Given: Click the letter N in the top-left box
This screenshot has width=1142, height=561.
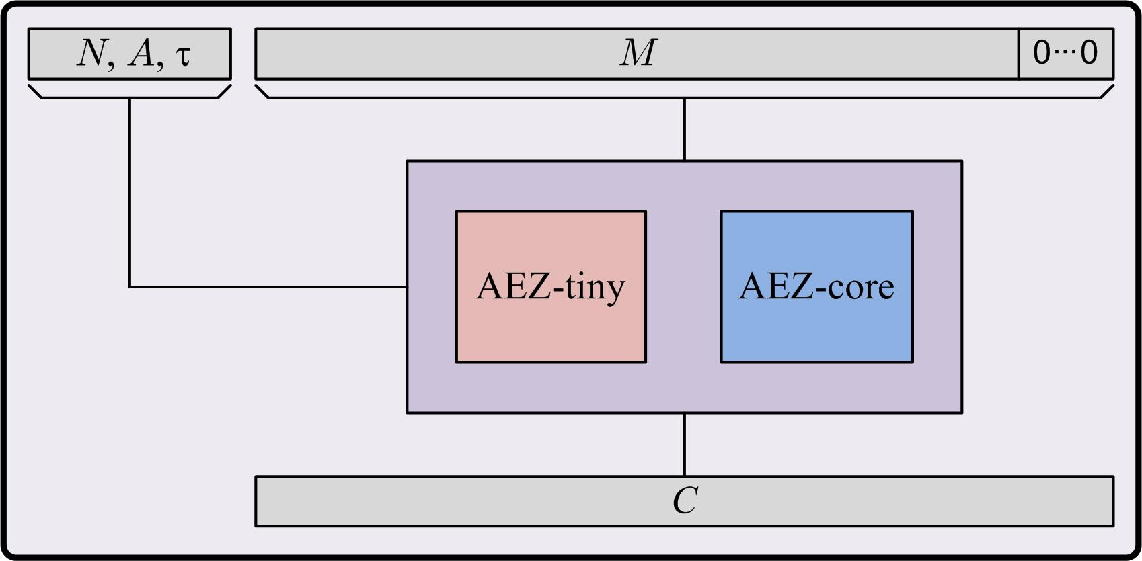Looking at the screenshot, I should coord(90,54).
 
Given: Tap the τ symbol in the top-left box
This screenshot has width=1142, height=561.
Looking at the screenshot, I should coord(183,55).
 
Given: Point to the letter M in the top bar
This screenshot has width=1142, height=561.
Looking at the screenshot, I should coord(638,53).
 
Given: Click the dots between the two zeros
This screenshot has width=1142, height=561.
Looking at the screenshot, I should coord(1066,53).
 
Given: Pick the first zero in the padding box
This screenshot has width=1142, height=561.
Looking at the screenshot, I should coord(1041,53).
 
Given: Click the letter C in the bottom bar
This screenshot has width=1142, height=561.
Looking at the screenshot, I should coord(685,501).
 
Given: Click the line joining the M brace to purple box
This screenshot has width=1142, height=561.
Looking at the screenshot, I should coord(685,130).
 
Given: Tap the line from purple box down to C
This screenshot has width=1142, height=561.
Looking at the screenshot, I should coord(685,444).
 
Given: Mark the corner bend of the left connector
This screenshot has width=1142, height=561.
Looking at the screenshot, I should coord(130,287).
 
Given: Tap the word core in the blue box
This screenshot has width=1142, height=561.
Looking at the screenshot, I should coord(862,287).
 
